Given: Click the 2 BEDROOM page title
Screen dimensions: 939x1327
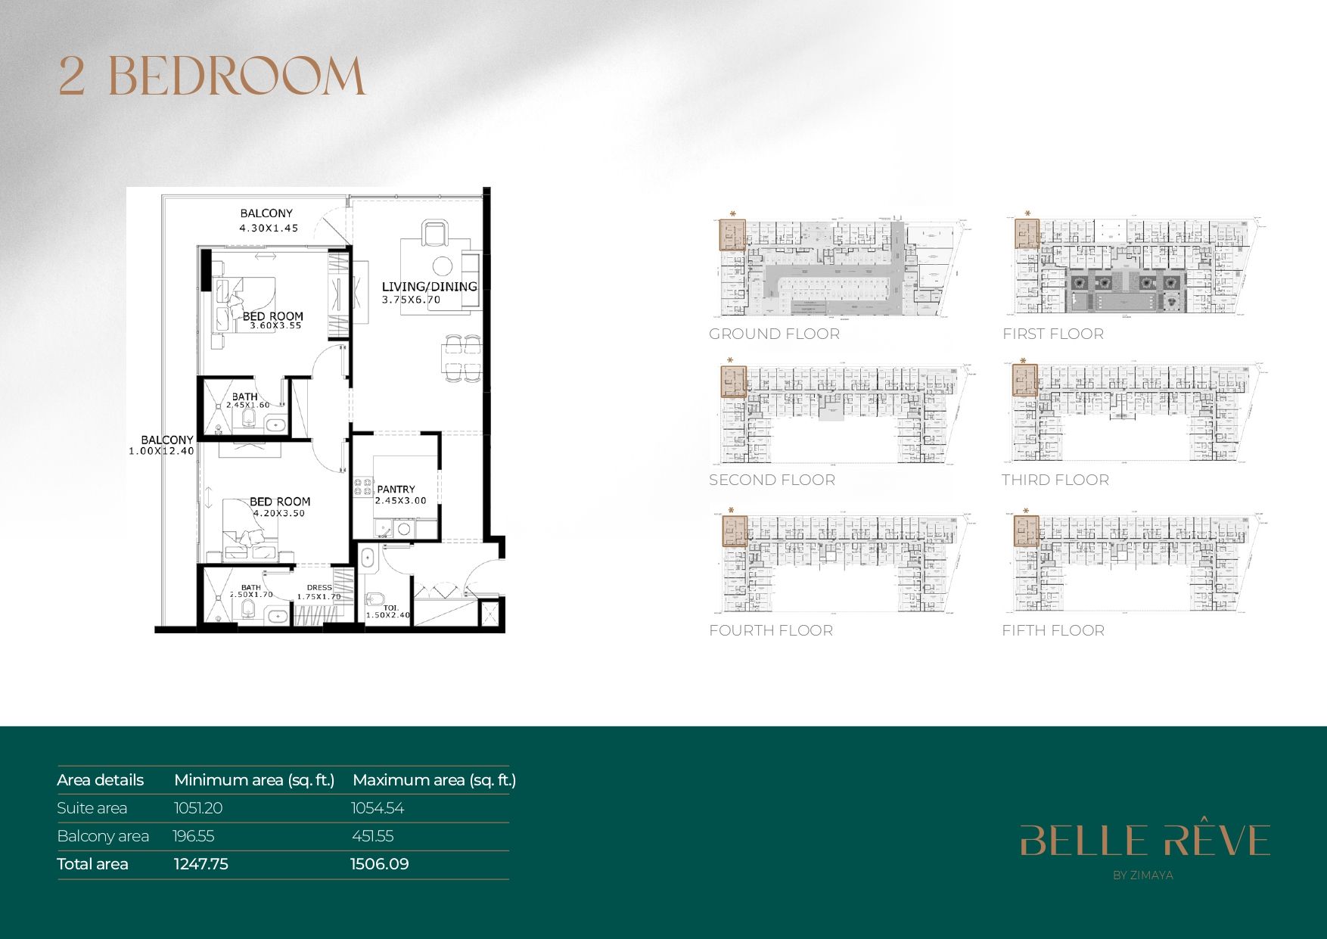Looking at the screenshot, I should tap(212, 76).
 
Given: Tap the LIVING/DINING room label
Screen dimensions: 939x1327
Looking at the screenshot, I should tap(429, 287).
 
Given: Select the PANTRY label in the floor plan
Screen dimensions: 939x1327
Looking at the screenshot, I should tap(396, 490).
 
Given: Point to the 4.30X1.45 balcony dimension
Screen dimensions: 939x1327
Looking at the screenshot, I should tap(269, 228).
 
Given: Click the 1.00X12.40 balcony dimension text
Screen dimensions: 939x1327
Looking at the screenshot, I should tap(161, 451).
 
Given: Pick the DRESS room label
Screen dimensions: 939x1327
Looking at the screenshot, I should tap(319, 587).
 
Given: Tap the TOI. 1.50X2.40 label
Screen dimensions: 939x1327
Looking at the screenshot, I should tap(388, 611).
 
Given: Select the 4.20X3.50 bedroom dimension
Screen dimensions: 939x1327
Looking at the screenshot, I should tap(279, 513).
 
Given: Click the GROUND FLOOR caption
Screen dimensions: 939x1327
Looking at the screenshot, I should tap(774, 334).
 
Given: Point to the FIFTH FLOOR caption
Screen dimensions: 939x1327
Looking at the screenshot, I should tap(1052, 630).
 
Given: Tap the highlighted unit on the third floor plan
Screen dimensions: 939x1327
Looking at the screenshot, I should tap(1025, 381).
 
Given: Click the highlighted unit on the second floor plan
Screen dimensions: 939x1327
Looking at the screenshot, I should tap(733, 381).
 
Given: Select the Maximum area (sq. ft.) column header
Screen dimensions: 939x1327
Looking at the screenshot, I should tap(434, 780).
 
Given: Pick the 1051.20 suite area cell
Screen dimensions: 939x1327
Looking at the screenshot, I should tap(198, 808).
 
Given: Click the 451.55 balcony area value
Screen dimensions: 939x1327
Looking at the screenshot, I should tap(373, 836).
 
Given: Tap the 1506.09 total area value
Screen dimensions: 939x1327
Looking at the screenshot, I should tap(379, 864).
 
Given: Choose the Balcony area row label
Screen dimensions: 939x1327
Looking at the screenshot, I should tap(103, 836).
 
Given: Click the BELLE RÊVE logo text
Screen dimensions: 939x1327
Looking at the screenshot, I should tap(1144, 841).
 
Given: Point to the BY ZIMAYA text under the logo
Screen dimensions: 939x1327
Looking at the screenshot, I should tap(1142, 875).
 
